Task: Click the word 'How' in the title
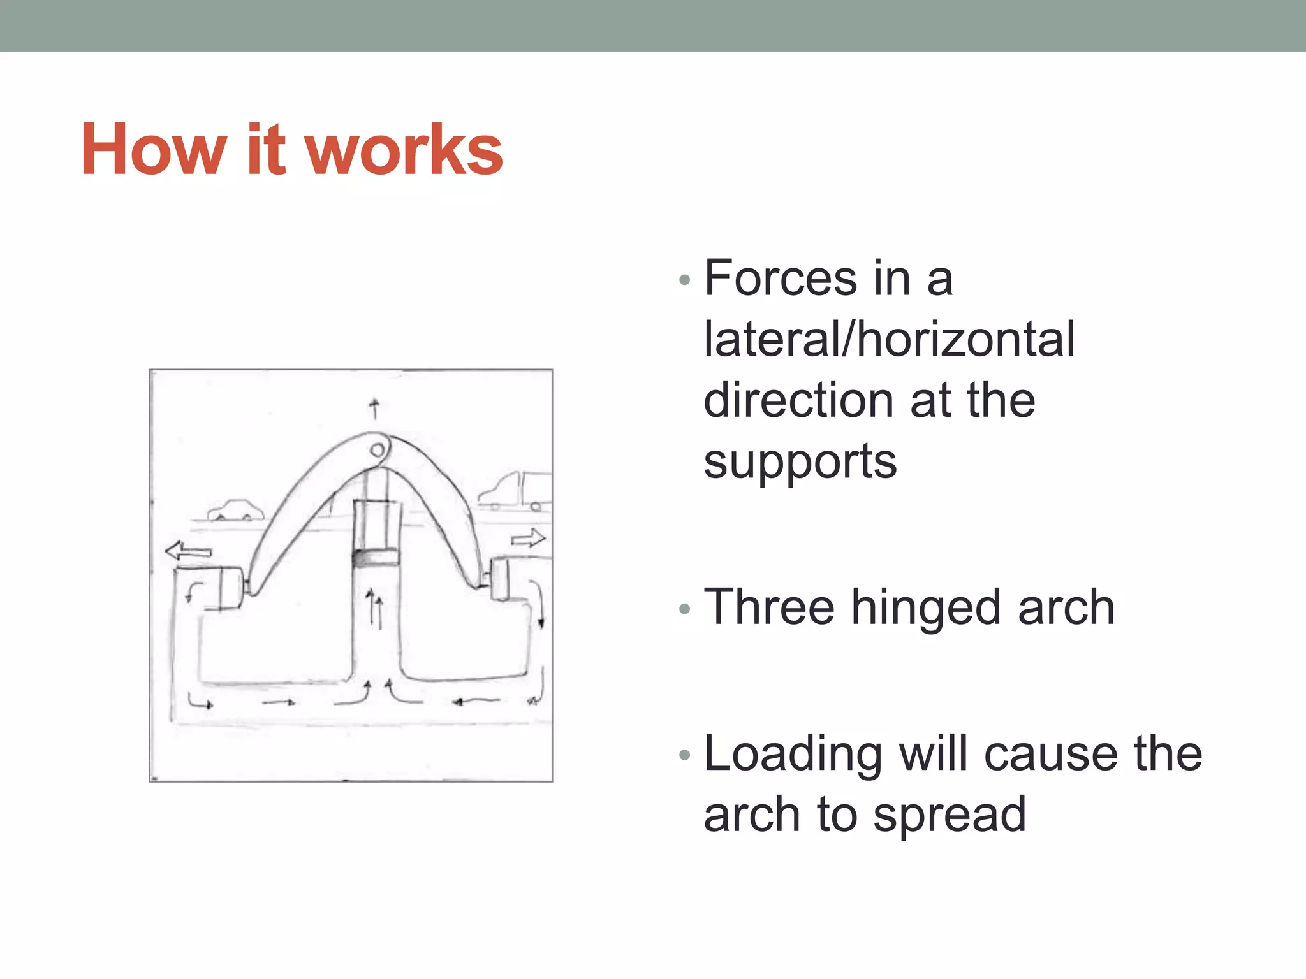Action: point(154,150)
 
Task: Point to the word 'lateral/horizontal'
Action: point(889,339)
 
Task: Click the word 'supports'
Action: point(800,461)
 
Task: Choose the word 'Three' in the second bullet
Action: point(768,607)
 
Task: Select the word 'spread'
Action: point(950,815)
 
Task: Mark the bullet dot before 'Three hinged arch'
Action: point(685,609)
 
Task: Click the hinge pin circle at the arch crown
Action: point(377,451)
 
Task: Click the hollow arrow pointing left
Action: point(187,551)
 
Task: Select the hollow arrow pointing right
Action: point(528,539)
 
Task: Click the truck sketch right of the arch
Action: point(517,491)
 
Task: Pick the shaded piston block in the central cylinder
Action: point(375,558)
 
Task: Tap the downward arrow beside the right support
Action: point(541,606)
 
